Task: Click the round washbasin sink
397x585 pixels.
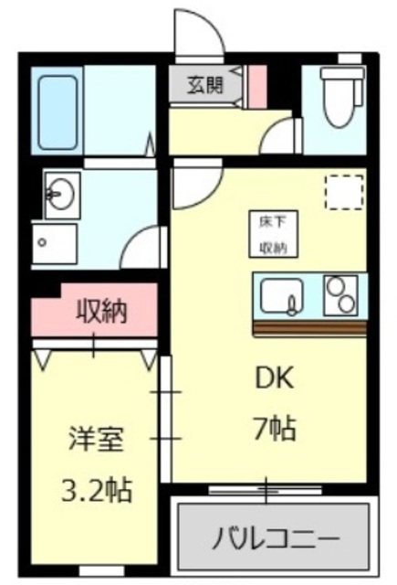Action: point(62,194)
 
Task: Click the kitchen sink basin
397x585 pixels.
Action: point(281,296)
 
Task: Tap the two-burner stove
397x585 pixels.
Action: point(341,294)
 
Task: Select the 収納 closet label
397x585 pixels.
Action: point(100,312)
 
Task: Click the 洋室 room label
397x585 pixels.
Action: point(96,439)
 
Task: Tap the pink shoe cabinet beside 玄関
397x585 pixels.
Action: point(256,85)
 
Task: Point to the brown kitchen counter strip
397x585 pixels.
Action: point(309,326)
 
